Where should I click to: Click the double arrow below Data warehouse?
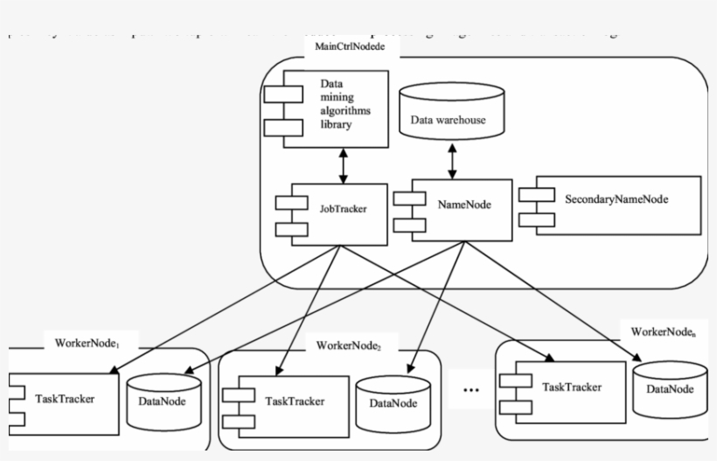coord(452,162)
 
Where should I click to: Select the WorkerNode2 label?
coord(349,346)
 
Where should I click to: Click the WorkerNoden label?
coord(664,332)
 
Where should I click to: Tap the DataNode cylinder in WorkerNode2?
coord(391,402)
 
